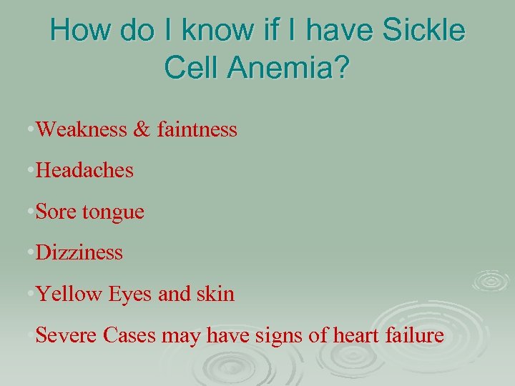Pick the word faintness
tap(194, 129)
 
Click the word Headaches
tap(84, 171)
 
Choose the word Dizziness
tap(79, 252)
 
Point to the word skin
tap(215, 294)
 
